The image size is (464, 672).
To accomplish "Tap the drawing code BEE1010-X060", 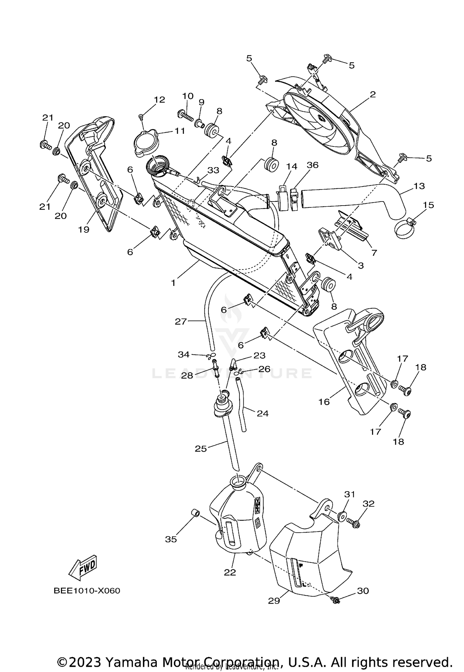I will [x=87, y=591].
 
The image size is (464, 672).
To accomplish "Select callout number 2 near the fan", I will [x=373, y=95].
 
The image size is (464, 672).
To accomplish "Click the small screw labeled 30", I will [x=335, y=601].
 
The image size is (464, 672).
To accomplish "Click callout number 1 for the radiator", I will [x=173, y=283].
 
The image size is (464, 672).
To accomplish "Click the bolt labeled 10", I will [x=186, y=116].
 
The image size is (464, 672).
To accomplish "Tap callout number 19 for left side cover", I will [x=84, y=229].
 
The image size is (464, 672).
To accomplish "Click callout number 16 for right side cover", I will [x=324, y=402].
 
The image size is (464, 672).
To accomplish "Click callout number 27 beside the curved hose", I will [x=181, y=322].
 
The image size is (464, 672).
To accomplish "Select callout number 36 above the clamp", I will [x=312, y=165].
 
